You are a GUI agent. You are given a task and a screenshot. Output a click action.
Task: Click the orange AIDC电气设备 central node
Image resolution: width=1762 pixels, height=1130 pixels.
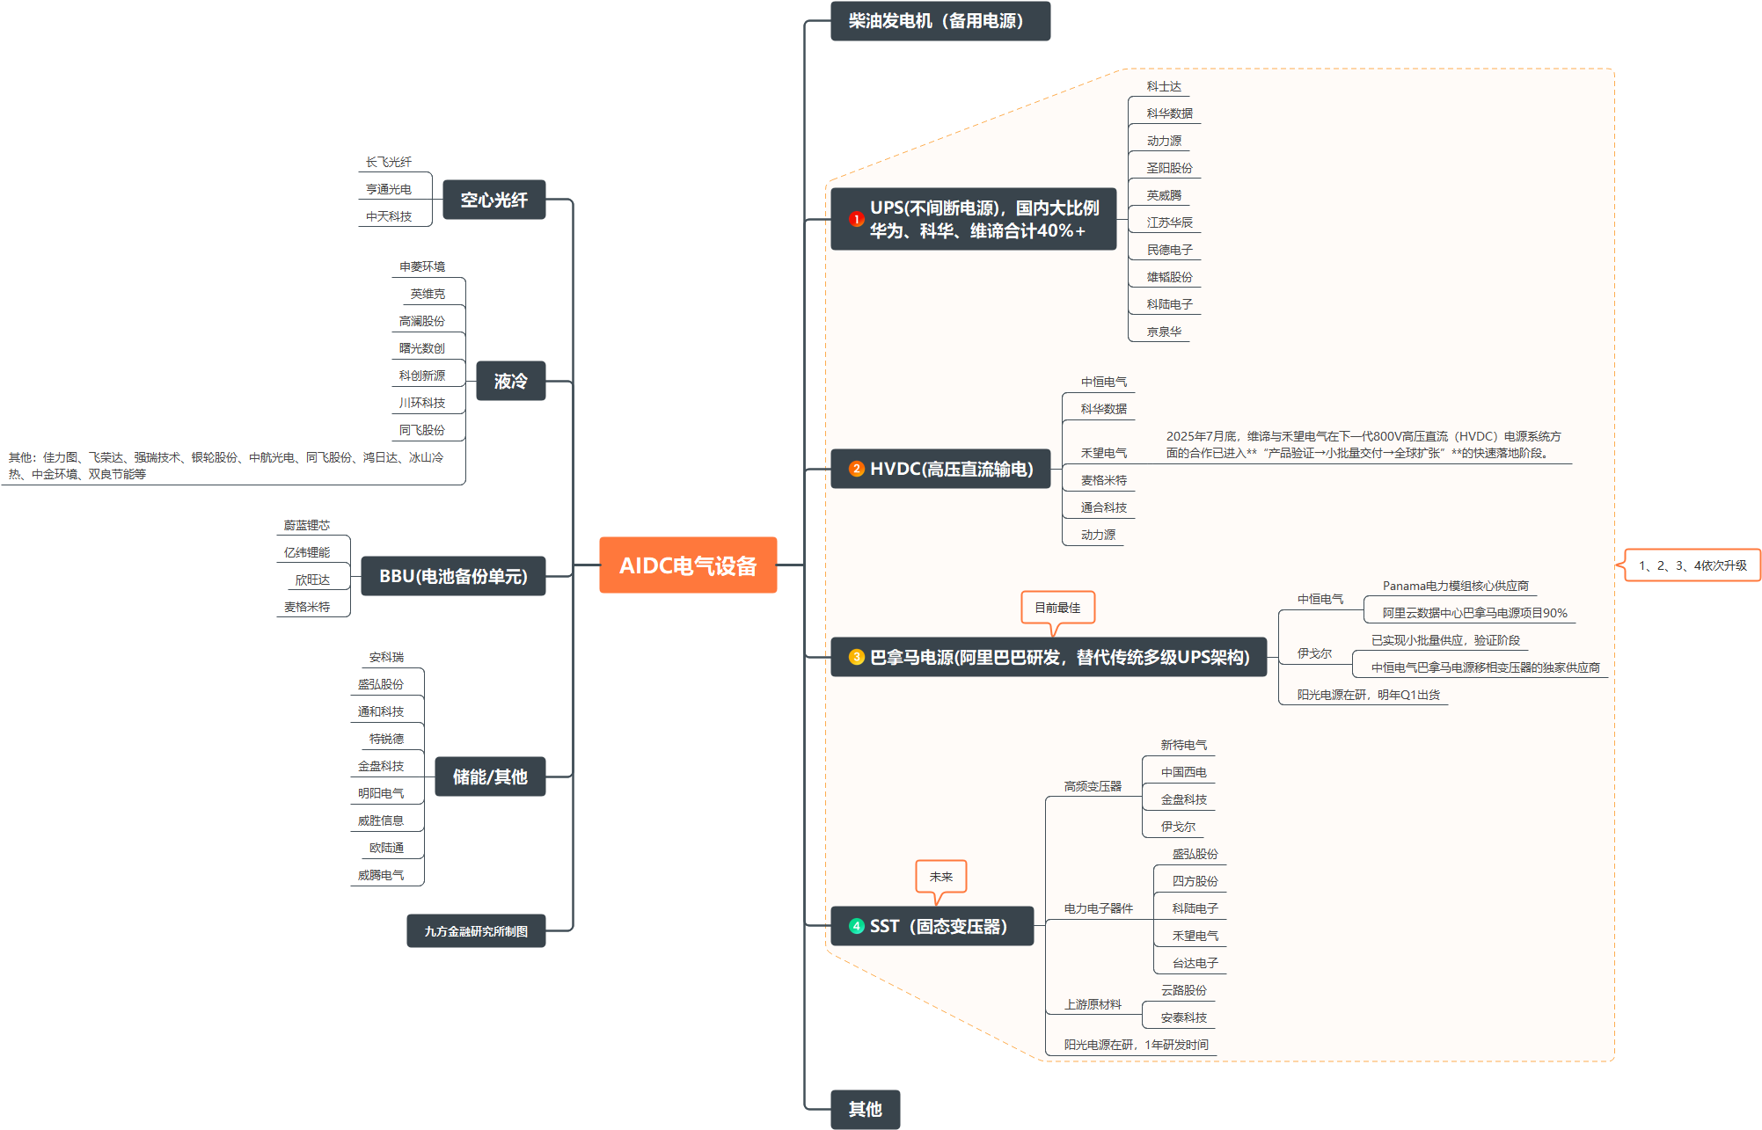click(x=688, y=565)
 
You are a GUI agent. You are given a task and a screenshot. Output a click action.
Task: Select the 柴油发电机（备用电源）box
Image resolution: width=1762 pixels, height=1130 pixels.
click(x=939, y=21)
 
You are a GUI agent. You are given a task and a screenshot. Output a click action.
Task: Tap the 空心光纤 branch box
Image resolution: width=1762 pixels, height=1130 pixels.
click(x=494, y=200)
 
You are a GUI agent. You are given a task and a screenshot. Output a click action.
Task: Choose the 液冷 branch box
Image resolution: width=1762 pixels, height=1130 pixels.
click(x=510, y=382)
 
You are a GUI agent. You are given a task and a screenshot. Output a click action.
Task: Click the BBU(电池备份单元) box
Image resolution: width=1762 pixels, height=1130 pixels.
click(x=453, y=577)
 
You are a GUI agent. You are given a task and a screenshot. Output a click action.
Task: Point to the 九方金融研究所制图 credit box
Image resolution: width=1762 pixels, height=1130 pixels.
click(x=476, y=931)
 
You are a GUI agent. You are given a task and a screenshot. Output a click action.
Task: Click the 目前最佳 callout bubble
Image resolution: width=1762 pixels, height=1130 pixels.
click(x=1057, y=608)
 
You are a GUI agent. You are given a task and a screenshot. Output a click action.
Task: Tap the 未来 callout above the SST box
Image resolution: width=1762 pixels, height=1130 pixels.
click(x=940, y=877)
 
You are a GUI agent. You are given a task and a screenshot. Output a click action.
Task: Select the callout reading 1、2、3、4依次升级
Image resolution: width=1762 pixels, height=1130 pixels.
click(x=1692, y=565)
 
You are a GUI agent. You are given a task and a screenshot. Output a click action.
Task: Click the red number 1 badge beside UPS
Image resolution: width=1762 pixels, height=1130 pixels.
click(x=856, y=219)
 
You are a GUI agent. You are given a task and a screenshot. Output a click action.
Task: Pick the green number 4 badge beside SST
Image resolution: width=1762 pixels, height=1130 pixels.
click(x=856, y=926)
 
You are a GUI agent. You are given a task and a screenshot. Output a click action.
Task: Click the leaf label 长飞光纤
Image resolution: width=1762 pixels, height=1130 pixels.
click(x=388, y=162)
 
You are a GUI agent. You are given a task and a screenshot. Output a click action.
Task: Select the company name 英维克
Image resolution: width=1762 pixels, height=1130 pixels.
click(x=428, y=294)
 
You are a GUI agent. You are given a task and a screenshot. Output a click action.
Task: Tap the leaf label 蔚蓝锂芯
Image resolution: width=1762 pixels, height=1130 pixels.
click(x=306, y=525)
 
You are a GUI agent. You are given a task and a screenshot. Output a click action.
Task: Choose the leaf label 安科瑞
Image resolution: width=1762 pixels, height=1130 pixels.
click(x=386, y=657)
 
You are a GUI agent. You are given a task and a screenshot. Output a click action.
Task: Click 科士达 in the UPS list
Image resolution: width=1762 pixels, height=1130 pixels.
click(x=1164, y=86)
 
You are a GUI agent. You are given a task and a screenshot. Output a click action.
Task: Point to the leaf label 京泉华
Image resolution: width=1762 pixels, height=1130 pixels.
click(x=1164, y=332)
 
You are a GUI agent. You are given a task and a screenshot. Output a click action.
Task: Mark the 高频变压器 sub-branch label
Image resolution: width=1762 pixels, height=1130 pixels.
click(x=1093, y=786)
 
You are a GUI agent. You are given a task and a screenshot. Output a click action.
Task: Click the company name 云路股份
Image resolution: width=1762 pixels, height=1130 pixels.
click(x=1183, y=990)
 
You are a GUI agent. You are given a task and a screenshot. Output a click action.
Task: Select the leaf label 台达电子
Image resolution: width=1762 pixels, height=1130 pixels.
click(x=1195, y=963)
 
